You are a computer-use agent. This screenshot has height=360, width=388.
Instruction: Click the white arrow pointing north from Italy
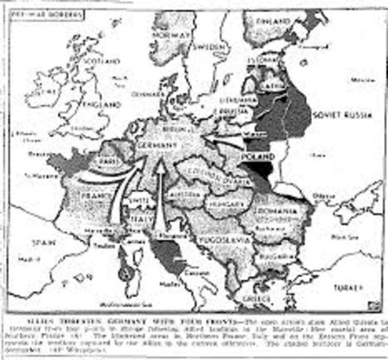159,195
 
